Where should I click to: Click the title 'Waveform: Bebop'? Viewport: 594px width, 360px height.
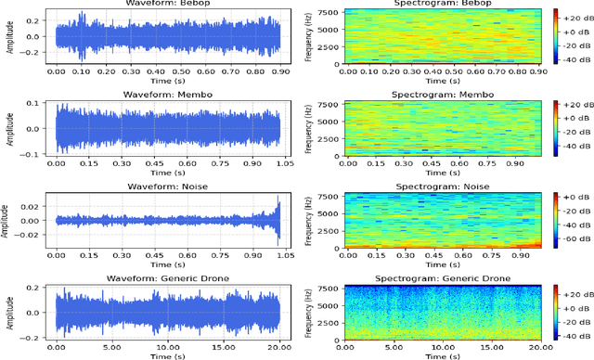(x=168, y=5)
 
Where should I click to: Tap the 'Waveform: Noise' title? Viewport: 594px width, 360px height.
(x=168, y=185)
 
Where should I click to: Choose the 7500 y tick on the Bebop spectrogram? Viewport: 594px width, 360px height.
(x=327, y=12)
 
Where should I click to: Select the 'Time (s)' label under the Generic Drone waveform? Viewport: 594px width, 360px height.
(x=168, y=357)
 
